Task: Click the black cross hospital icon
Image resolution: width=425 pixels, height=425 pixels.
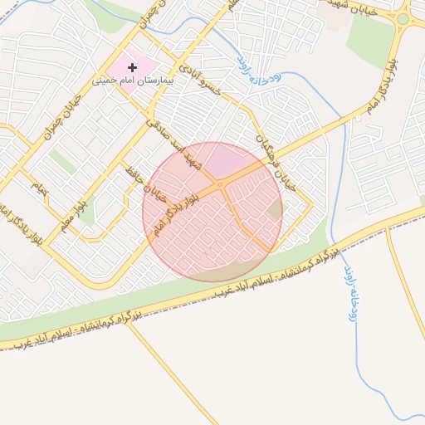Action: pos(132,67)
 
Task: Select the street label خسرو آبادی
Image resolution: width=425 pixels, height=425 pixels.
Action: pos(203,74)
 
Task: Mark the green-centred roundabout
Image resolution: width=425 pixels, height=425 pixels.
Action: pos(403,17)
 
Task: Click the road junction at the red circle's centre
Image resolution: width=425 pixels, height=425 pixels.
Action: pos(212,212)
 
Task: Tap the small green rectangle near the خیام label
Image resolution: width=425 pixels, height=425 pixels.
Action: pos(61,160)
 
